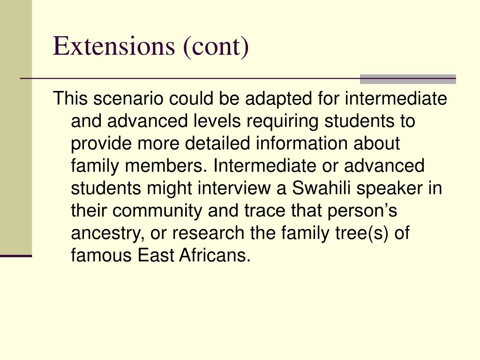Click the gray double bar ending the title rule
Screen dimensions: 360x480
tap(408, 79)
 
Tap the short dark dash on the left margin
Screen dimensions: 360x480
tap(15, 256)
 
